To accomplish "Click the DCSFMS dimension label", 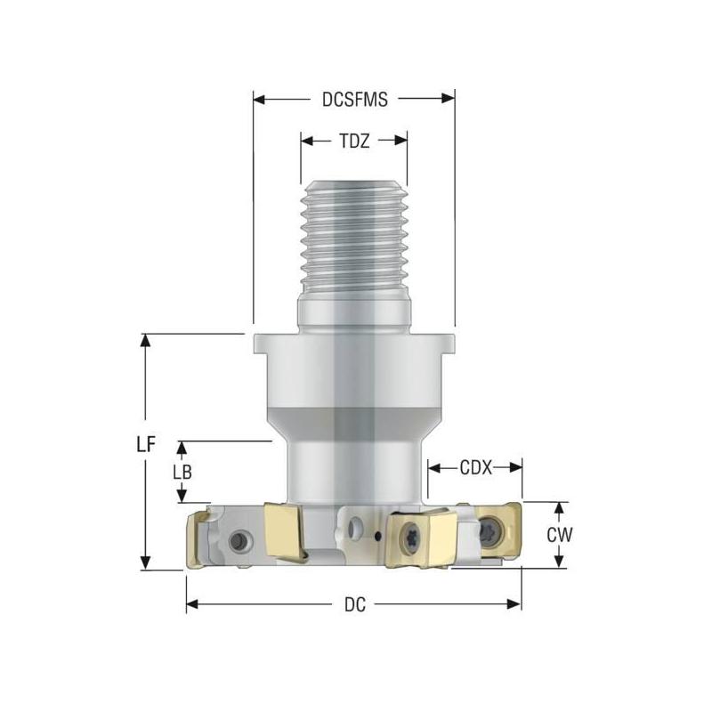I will point(354,100).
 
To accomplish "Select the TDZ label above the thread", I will point(354,140).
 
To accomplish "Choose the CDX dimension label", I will point(475,466).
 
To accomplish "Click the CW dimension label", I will point(558,535).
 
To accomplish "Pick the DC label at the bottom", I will point(353,604).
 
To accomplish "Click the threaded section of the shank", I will point(354,240).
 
